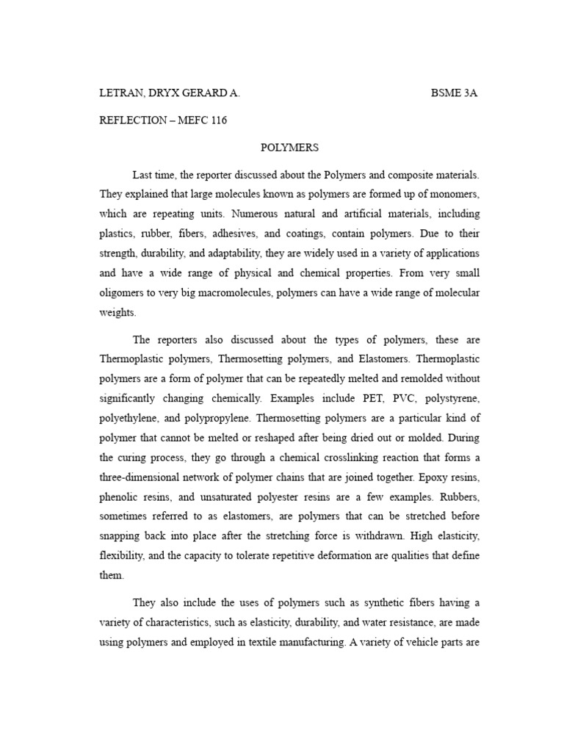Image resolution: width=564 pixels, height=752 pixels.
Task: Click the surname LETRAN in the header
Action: point(121,94)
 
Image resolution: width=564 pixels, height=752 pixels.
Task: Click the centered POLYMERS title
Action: point(290,148)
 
